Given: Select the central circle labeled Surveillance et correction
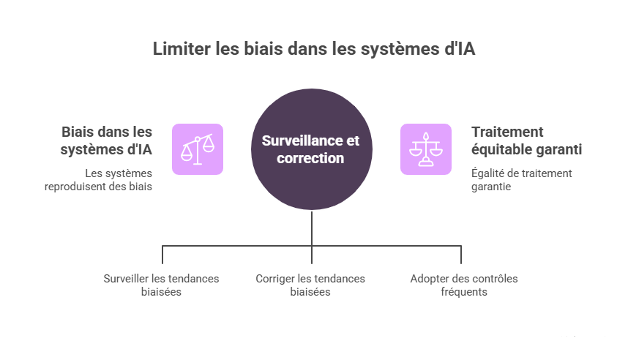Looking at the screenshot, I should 313,149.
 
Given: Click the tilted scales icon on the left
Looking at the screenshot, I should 198,149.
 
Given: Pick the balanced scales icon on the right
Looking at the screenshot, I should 425,149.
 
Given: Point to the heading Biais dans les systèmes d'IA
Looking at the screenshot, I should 107,140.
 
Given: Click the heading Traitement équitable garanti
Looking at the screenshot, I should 526,140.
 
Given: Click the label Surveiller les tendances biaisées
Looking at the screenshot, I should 161,285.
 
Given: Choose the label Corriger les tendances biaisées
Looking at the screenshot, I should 310,285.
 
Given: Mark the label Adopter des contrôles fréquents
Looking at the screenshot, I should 464,285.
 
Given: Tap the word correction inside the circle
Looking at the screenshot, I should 310,158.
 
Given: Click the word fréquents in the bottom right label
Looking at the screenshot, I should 464,291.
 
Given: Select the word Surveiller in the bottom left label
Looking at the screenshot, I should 127,278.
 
